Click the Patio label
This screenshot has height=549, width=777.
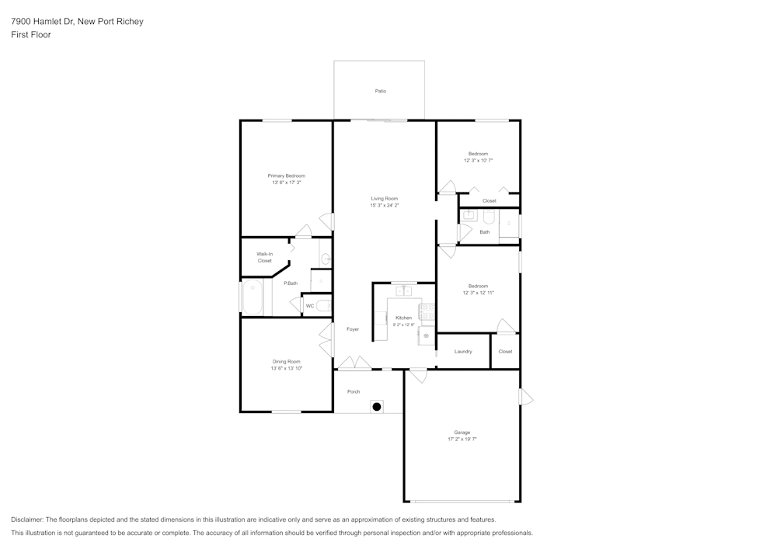(x=380, y=92)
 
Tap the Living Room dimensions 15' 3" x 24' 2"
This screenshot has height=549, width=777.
(x=384, y=206)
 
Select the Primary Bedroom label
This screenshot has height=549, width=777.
(x=286, y=175)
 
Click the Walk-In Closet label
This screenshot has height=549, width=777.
(x=264, y=257)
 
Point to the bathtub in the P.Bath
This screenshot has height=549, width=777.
(x=252, y=297)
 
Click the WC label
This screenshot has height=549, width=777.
(x=309, y=306)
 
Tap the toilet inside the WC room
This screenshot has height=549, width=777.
(x=324, y=305)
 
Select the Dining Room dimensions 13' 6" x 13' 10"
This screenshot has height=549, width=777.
(x=286, y=368)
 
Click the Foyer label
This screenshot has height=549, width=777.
(x=353, y=329)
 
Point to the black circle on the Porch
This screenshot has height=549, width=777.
(x=376, y=405)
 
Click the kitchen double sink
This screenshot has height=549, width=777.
(x=404, y=291)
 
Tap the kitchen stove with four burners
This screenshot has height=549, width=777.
(x=427, y=311)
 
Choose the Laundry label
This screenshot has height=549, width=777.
(x=463, y=352)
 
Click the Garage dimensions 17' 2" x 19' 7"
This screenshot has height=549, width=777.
(x=462, y=439)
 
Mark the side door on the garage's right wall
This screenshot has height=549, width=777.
(x=524, y=398)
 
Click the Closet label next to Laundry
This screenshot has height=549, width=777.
(x=505, y=352)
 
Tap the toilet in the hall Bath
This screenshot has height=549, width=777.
(x=509, y=224)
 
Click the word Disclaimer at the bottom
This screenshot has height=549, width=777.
(x=27, y=519)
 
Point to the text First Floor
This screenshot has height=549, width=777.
(x=31, y=35)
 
